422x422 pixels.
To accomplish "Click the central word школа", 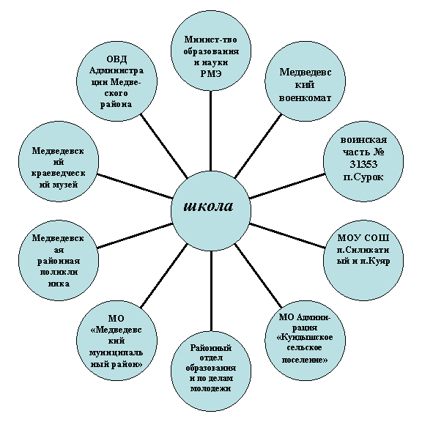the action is (208, 207).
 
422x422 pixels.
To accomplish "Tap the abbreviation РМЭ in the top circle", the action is (211, 73).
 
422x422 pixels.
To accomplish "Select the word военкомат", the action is (305, 98).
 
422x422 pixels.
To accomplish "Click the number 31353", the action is (363, 164).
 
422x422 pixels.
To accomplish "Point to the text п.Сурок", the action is (363, 177).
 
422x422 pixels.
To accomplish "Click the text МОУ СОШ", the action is (363, 238).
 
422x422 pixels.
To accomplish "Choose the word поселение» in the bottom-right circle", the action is (305, 360).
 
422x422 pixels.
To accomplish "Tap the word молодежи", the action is (211, 388).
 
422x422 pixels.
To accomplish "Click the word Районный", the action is (211, 348).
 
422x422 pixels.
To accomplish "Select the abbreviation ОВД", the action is (116, 59).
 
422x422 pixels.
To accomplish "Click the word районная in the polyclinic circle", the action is (59, 261).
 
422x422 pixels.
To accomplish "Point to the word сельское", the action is (304, 347).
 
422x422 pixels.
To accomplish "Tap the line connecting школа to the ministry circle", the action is (211, 131).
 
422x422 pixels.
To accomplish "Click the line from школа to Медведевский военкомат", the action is (258, 146).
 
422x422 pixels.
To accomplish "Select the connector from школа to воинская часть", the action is (287, 186).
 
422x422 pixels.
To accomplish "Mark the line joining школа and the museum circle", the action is (135, 186).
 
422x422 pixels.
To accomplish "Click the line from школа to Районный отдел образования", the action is (211, 291).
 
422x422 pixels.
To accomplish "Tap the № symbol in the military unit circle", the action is (378, 152).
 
